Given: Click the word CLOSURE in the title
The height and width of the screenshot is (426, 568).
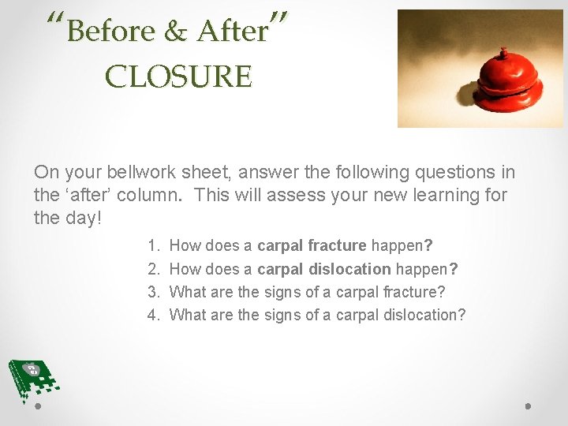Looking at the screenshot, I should pyautogui.click(x=179, y=77).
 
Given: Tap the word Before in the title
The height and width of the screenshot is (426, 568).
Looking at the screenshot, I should pyautogui.click(x=111, y=32).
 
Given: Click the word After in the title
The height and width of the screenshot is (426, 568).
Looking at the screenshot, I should pyautogui.click(x=232, y=32).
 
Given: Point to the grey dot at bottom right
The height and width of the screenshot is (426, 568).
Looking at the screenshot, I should pyautogui.click(x=528, y=407).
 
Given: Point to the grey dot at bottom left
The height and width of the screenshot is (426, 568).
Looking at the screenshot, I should pyautogui.click(x=38, y=407).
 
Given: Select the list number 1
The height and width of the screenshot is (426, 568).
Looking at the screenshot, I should pyautogui.click(x=154, y=246).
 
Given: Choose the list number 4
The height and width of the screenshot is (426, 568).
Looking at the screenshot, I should pyautogui.click(x=154, y=315).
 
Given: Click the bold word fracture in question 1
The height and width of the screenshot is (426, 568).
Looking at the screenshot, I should pyautogui.click(x=339, y=246).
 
